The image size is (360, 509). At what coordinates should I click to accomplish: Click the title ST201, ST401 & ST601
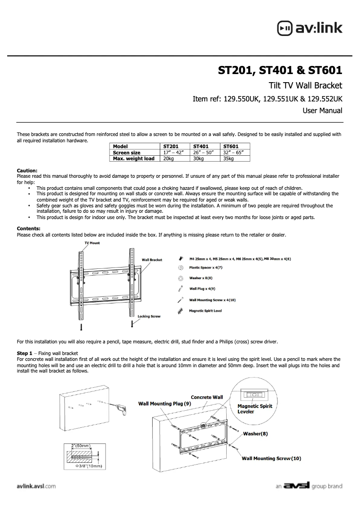tap(280, 70)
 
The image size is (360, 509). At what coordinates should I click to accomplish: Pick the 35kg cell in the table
tap(228, 158)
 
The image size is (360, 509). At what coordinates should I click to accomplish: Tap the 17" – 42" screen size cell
tap(171, 153)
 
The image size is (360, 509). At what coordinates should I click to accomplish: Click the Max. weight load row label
tap(134, 158)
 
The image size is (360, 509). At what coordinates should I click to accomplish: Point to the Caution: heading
tap(27, 171)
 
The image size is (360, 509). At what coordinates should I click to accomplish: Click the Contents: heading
tap(28, 228)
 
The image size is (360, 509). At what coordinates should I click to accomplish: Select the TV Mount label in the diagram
tap(92, 243)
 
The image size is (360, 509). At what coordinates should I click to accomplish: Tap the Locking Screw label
tap(149, 316)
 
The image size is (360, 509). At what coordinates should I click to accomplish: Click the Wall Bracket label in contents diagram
tap(152, 260)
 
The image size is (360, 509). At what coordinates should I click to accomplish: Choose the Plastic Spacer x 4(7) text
tap(206, 268)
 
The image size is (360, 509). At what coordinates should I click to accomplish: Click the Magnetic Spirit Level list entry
tap(206, 311)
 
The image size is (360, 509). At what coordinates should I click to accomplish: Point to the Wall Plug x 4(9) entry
tap(202, 289)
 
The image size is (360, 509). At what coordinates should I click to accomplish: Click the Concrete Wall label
tap(207, 397)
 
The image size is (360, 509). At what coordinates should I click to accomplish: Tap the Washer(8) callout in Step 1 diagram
tap(255, 434)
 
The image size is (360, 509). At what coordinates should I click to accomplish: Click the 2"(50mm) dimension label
tap(82, 446)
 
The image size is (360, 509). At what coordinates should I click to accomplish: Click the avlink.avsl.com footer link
tap(36, 486)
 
